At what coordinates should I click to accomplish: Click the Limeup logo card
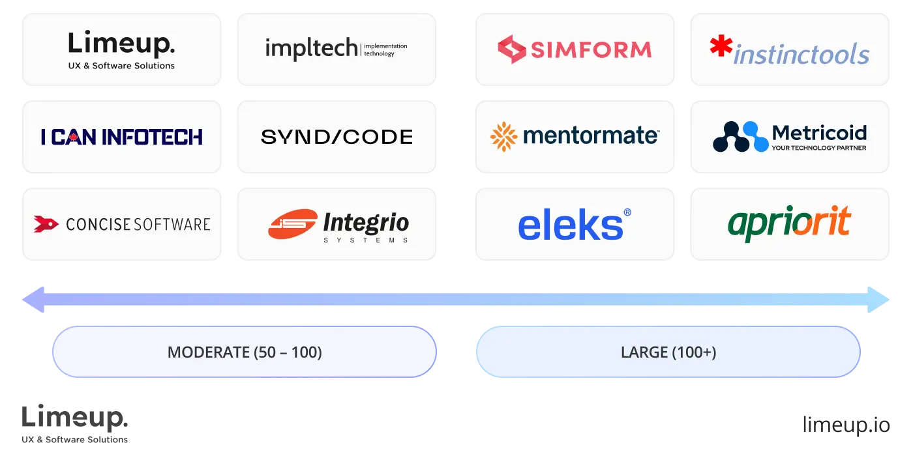122,50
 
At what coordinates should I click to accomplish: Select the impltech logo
336,50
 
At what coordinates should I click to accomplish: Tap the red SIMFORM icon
512,50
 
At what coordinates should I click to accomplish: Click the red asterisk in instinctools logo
721,48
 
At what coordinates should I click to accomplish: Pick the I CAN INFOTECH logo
122,137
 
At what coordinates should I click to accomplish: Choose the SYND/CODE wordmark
337,137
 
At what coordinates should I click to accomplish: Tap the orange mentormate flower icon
503,136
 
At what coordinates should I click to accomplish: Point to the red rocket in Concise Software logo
46,224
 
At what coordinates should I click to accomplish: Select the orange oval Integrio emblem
292,223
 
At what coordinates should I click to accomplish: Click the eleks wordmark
569,225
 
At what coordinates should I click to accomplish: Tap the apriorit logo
789,223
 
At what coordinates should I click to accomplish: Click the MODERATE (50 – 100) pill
245,352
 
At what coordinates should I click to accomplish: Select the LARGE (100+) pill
668,352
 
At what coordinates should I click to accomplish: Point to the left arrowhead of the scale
33,300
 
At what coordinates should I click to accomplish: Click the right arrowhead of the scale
880,300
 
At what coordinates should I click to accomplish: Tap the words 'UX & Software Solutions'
122,66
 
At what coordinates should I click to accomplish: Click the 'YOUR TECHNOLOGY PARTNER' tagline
819,149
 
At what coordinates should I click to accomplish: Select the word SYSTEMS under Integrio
366,240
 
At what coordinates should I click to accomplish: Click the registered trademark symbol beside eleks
627,212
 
